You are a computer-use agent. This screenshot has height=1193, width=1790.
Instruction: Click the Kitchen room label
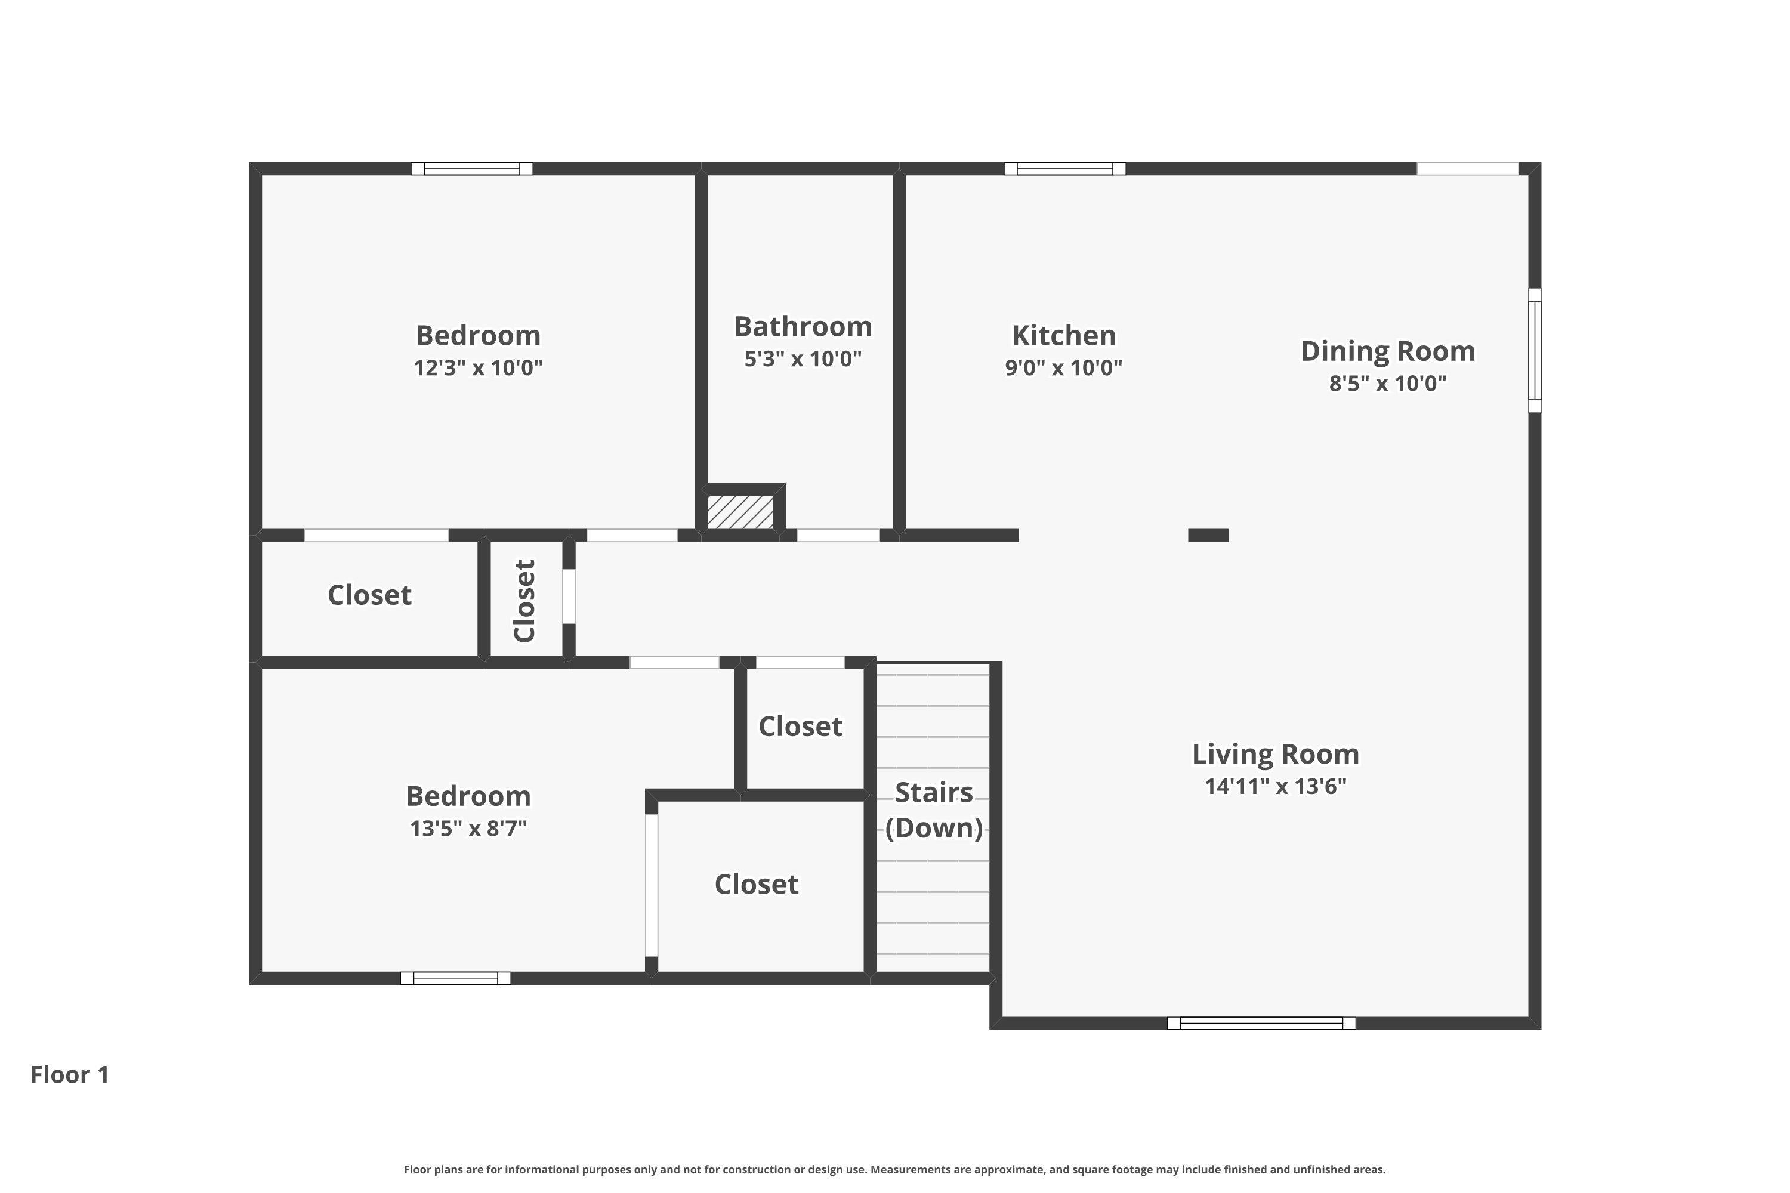coord(1063,335)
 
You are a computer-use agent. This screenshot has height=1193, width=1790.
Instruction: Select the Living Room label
coord(1276,754)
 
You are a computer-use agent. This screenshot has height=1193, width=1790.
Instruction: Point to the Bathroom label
coord(803,327)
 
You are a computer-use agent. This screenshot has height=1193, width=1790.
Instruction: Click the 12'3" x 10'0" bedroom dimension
coord(478,368)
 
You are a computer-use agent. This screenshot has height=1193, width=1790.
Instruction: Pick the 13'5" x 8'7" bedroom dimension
coord(468,829)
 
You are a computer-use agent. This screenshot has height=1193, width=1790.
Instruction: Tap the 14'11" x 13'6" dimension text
coord(1276,787)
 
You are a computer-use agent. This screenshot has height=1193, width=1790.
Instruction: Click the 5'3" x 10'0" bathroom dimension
coord(803,359)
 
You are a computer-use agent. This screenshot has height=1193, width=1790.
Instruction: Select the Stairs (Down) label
coord(934,810)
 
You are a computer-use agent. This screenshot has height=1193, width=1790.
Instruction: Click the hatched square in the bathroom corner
coord(740,512)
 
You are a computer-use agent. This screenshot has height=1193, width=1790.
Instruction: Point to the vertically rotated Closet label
coord(525,601)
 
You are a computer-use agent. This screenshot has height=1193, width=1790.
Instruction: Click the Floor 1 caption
coord(70,1074)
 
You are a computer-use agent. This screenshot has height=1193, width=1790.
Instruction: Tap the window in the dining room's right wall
coord(1535,351)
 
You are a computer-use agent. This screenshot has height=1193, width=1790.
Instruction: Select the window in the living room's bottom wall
coord(1261,1024)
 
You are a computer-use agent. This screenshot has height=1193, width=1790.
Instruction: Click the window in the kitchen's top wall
coord(1064,169)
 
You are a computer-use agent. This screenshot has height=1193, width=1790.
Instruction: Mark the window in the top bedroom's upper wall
coord(472,169)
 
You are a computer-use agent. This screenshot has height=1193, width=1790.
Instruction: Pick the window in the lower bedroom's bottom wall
coord(456,978)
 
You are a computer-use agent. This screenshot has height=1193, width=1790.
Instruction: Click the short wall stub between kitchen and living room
coord(1209,536)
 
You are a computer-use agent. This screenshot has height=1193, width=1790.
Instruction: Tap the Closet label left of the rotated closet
coord(369,595)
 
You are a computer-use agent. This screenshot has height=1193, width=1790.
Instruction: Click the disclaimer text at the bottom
coord(895,1169)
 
